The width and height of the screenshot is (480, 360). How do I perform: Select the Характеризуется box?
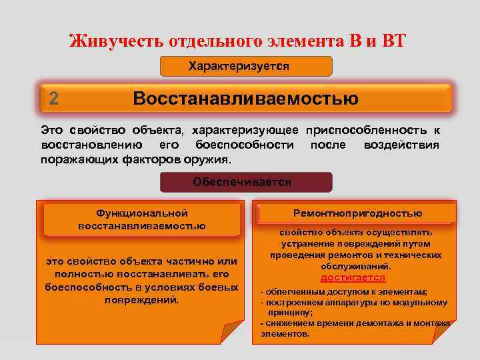click(x=246, y=66)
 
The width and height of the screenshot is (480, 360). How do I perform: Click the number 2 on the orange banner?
click(x=54, y=99)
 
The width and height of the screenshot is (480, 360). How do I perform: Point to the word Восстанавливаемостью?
click(x=245, y=99)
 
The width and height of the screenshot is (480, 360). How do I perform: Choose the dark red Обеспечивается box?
click(x=246, y=181)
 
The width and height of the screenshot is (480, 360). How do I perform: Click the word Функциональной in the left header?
click(x=141, y=213)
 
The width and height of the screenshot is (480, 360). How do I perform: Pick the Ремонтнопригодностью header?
click(x=357, y=213)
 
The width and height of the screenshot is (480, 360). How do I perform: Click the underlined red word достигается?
click(x=353, y=277)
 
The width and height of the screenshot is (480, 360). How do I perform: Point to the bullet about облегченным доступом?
click(x=344, y=292)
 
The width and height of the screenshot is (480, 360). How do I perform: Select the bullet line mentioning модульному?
click(x=353, y=302)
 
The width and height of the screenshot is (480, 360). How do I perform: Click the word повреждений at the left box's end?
click(x=141, y=300)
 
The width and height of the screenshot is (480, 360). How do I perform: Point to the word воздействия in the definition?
click(x=401, y=145)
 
